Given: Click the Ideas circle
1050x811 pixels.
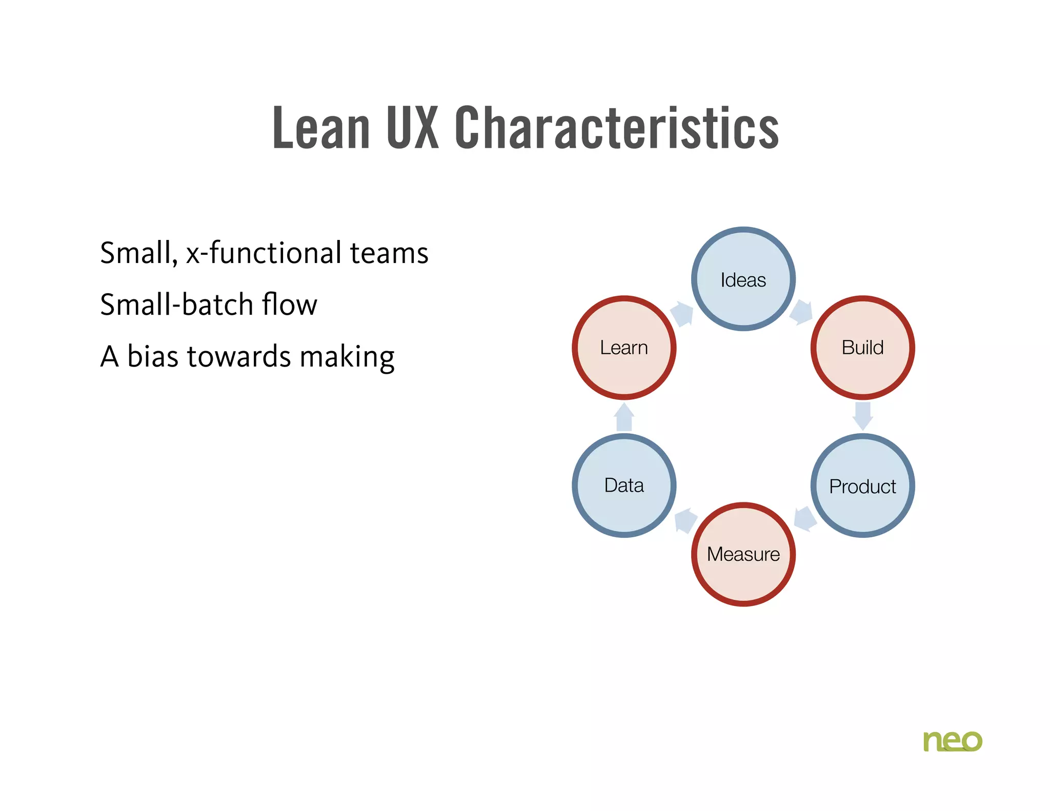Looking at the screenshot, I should (743, 279).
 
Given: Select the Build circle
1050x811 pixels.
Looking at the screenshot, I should (862, 348).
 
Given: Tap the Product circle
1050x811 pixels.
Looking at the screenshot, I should (862, 485).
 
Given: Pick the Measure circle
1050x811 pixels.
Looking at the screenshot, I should (743, 554).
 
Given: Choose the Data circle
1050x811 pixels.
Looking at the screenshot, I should (624, 485).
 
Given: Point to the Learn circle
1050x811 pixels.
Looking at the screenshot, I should (624, 348).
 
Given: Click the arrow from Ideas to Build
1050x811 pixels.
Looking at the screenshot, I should (801, 312).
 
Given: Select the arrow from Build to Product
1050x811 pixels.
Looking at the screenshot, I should (862, 416).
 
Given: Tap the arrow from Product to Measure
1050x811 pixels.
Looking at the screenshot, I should (805, 519).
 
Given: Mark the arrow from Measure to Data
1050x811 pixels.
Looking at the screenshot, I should (685, 520).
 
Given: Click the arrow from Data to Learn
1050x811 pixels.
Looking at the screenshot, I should (624, 417).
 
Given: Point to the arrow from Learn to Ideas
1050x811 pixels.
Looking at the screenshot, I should (682, 313).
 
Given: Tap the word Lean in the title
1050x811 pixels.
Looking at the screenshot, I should (321, 128).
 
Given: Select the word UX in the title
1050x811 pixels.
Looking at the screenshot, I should (413, 128).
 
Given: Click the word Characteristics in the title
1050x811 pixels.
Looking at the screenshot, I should (616, 128).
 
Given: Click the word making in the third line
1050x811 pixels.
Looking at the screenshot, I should (347, 357).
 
